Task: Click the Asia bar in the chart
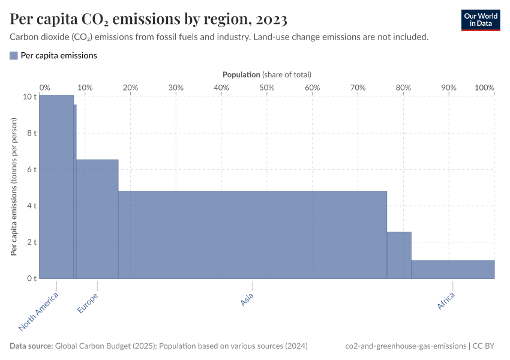(252, 234)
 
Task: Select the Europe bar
(97, 219)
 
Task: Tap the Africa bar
(452, 269)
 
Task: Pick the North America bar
(56, 186)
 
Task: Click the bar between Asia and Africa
(399, 255)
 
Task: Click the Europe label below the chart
(88, 304)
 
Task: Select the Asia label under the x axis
(247, 299)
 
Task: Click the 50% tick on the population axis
(267, 88)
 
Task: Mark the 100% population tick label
(484, 88)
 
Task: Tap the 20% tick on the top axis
(130, 88)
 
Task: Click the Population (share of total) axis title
(266, 74)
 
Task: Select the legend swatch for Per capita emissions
(14, 55)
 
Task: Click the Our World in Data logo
(480, 19)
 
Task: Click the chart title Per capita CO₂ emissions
(149, 19)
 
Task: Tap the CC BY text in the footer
(487, 346)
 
